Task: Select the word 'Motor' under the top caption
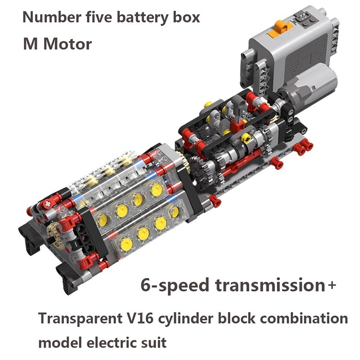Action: (67, 44)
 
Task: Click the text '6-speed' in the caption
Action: (175, 285)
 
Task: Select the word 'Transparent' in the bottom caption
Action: (81, 319)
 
